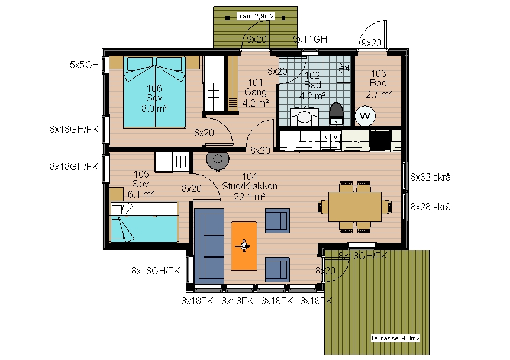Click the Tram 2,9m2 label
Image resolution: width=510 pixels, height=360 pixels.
pos(255,16)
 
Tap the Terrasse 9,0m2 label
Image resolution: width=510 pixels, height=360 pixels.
pos(395,338)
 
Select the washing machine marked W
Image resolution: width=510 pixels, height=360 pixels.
pos(365,115)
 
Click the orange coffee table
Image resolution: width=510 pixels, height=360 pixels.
pos(244,246)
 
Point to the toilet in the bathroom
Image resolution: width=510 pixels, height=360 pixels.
pos(336,113)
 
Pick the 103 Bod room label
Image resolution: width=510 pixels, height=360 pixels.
pos(379,83)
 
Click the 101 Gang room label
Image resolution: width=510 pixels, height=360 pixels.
pos(256,92)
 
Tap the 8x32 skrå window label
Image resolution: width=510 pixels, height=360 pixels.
pos(431,177)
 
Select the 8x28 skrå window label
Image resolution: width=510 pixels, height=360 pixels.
pos(431,207)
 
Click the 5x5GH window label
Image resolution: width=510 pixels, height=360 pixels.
pos(84,65)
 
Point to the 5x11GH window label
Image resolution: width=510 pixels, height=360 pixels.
pos(310,39)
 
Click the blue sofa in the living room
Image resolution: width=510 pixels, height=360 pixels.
pos(209,246)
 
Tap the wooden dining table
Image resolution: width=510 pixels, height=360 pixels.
pos(355,207)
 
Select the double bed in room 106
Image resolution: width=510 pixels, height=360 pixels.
pos(154,92)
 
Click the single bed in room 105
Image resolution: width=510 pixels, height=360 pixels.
pos(144,222)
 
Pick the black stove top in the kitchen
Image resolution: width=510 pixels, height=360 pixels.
pos(380,140)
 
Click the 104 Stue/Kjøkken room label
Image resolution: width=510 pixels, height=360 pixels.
pos(250,187)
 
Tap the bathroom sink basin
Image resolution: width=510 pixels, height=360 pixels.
pos(304,117)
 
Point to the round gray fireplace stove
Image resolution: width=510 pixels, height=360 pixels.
pos(218,160)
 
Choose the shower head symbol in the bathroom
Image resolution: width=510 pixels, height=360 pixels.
pos(345,68)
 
